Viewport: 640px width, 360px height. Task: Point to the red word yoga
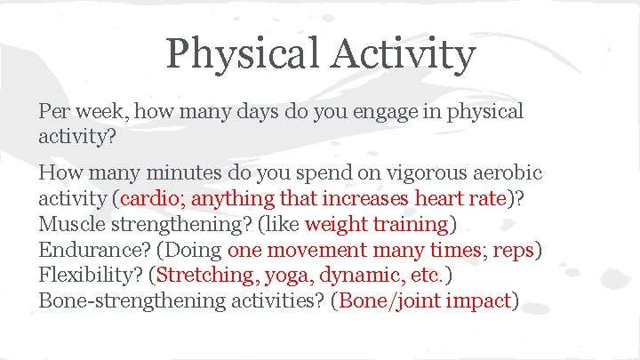[x=285, y=275]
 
